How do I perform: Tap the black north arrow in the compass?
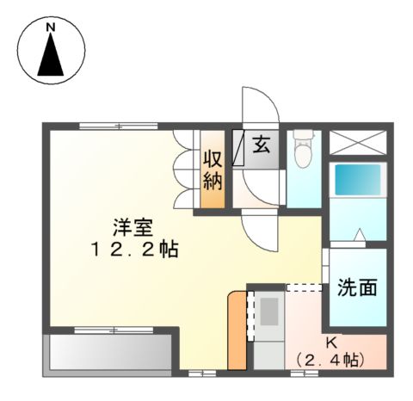click(52, 57)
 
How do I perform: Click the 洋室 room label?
click(133, 228)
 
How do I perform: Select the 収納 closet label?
click(213, 170)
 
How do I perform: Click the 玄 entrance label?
click(262, 145)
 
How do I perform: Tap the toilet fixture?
click(302, 153)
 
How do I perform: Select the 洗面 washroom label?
click(357, 287)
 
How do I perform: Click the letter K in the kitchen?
click(331, 342)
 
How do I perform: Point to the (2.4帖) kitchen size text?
click(328, 359)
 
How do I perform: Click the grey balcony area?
click(108, 353)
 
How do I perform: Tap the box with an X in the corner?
click(357, 141)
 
